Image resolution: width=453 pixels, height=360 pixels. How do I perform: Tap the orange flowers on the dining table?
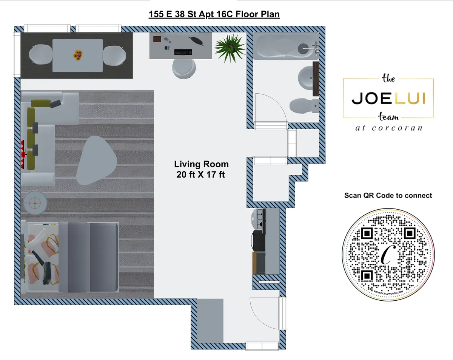[78, 55]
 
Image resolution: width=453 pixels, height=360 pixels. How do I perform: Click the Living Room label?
[201, 164]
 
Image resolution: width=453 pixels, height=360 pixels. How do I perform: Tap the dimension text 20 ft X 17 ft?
[200, 175]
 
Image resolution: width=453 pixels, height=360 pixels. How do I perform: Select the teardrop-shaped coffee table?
[96, 160]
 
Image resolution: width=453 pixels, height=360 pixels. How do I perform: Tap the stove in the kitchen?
[259, 219]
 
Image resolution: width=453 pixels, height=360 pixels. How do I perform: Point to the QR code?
[388, 256]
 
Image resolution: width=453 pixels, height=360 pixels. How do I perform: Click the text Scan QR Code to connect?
[388, 196]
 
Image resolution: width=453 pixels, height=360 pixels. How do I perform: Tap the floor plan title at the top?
[214, 15]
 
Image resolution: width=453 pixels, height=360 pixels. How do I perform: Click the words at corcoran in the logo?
[388, 128]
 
